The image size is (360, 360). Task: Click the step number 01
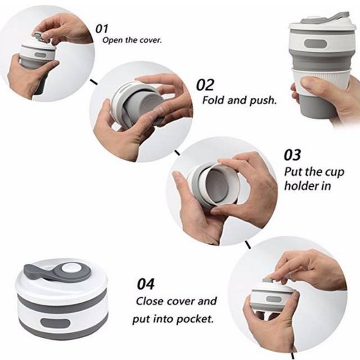[101, 29]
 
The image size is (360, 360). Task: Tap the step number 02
[205, 85]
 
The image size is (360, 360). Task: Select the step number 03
[292, 155]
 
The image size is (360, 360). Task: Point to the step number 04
[146, 283]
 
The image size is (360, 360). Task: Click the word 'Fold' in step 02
[213, 100]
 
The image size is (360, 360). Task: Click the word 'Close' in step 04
[150, 301]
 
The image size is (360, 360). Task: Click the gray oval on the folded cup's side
[55, 322]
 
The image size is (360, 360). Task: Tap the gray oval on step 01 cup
[40, 55]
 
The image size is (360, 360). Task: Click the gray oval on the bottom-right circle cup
[274, 299]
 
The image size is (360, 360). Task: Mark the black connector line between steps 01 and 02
[93, 82]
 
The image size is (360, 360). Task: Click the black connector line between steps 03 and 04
[247, 245]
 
